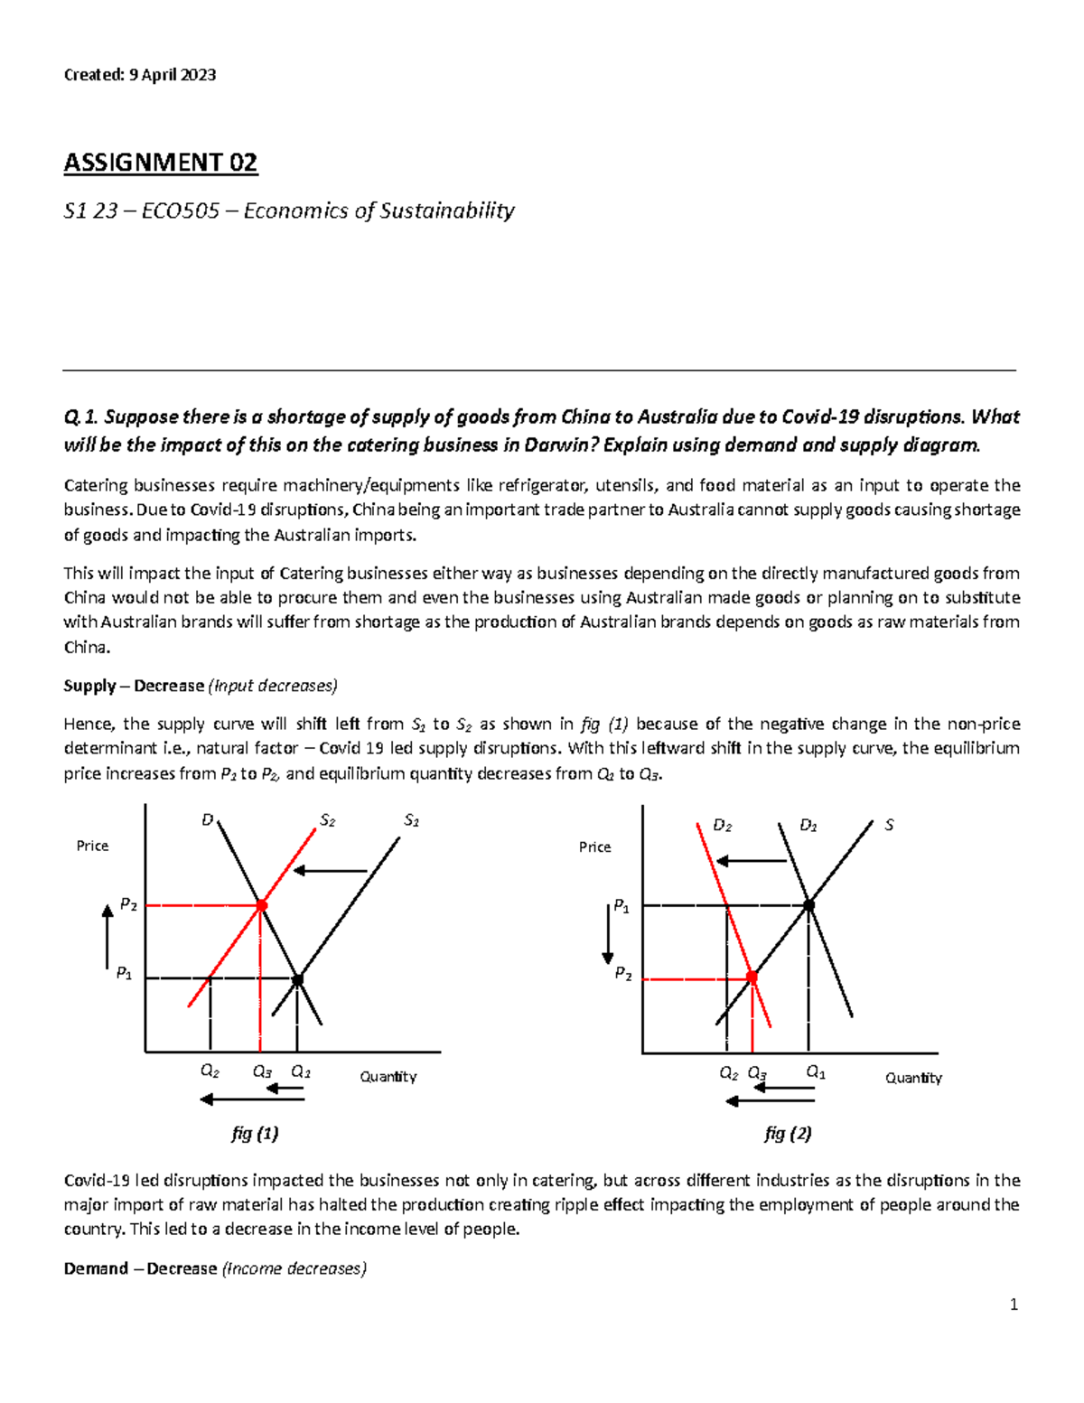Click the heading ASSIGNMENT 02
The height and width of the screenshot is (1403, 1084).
161,163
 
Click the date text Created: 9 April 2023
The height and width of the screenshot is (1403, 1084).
139,75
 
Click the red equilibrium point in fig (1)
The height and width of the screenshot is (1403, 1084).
261,905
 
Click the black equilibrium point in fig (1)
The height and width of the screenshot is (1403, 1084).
297,979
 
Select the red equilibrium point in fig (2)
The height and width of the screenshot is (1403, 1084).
752,977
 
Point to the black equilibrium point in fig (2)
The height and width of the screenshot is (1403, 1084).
809,904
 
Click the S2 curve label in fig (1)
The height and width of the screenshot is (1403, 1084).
327,820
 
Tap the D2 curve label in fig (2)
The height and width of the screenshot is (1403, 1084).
722,825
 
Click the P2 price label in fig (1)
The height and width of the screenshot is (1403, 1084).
128,904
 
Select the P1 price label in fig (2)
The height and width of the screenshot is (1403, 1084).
621,905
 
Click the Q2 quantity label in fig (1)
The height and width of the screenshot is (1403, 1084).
210,1071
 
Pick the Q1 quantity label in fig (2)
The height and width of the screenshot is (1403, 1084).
816,1072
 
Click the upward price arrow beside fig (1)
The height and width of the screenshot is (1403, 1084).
107,938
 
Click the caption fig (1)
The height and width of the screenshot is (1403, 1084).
255,1133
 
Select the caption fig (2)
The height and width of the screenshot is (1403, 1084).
788,1133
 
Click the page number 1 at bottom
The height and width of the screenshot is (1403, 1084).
1014,1304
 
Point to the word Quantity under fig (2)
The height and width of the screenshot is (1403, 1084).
913,1078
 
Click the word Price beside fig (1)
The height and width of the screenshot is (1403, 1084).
92,846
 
